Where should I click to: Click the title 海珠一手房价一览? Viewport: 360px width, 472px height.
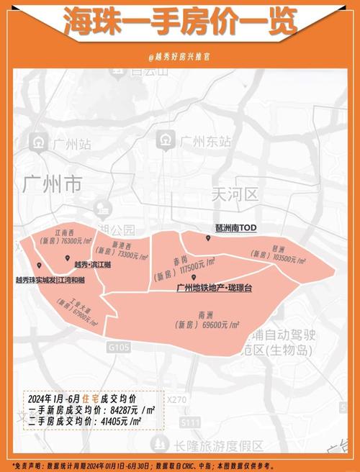pyautogui.click(x=180, y=22)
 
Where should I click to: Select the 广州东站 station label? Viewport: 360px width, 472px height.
pyautogui.click(x=204, y=141)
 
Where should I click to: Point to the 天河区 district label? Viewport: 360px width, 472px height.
pyautogui.click(x=235, y=194)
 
